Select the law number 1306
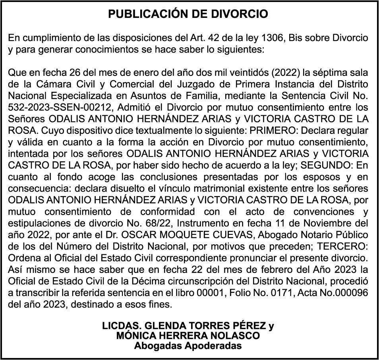pos(271,39)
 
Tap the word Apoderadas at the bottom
pos(212,345)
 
